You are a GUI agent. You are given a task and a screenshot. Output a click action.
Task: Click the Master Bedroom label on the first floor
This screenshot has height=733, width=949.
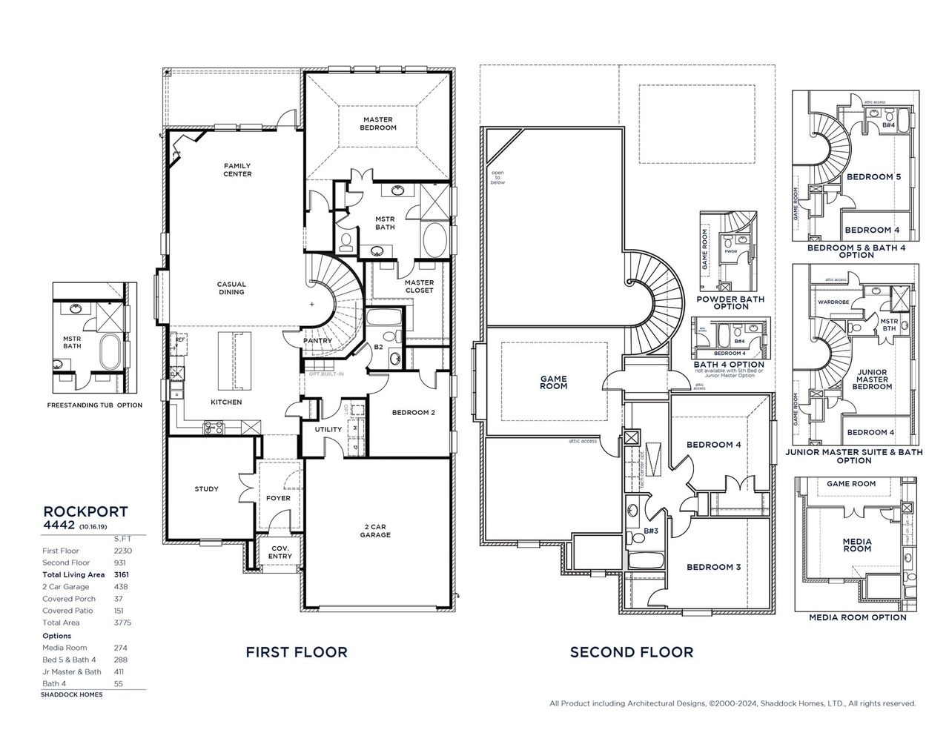(x=378, y=124)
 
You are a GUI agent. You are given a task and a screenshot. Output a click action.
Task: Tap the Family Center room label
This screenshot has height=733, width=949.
(x=238, y=170)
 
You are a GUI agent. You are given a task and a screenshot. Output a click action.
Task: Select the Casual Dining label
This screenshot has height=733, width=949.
(x=231, y=288)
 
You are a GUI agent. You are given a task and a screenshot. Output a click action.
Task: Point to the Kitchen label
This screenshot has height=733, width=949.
(x=226, y=402)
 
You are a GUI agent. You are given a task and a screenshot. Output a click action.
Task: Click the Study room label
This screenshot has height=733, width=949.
(x=206, y=489)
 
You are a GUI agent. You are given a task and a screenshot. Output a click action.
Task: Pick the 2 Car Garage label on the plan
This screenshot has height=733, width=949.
(x=375, y=531)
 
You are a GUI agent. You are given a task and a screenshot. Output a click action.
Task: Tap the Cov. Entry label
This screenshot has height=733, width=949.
(x=280, y=551)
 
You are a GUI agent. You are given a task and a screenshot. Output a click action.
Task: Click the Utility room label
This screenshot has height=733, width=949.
(x=328, y=430)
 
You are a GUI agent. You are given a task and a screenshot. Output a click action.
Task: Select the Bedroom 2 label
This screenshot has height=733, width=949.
(x=412, y=413)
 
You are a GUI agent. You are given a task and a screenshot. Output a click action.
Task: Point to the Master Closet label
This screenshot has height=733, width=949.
(x=419, y=286)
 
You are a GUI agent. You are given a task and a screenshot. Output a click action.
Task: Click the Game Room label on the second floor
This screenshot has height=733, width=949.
(x=553, y=382)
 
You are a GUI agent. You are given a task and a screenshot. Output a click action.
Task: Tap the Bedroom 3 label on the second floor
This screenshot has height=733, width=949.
(x=713, y=567)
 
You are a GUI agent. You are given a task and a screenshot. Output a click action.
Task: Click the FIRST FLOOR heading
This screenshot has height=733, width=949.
(x=297, y=652)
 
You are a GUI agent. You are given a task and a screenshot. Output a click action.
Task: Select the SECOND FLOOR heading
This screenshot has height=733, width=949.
(x=632, y=652)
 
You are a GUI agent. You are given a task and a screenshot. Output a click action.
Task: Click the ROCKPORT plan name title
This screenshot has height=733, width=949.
(x=85, y=511)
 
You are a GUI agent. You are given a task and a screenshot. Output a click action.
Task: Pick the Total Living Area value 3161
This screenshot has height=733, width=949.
(x=120, y=574)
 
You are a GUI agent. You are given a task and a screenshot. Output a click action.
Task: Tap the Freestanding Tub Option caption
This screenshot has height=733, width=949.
(x=94, y=405)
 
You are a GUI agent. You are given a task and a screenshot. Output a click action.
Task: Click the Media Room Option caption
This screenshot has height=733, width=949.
(x=857, y=617)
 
